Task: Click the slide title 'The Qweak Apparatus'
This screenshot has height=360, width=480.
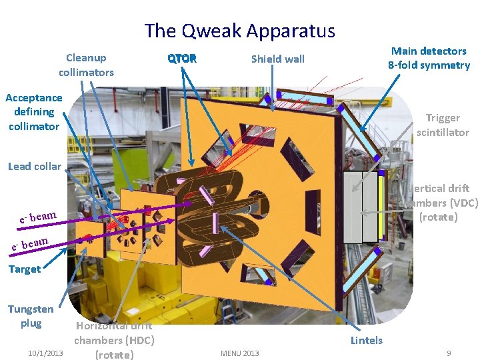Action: point(240,31)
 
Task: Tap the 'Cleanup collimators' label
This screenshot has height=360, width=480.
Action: point(86,65)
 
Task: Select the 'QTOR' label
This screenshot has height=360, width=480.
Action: point(182,59)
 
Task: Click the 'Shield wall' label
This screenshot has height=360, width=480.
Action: point(277,59)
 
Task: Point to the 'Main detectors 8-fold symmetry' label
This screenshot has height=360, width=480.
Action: point(429,58)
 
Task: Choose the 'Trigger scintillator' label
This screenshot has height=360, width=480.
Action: point(443,125)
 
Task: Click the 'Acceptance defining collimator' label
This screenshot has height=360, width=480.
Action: point(33,111)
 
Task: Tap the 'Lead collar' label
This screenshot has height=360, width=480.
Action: point(34,166)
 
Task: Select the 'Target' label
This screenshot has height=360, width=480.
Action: point(25,269)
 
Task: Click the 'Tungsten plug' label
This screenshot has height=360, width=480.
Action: point(31,316)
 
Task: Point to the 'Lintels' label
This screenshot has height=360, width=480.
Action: point(367,340)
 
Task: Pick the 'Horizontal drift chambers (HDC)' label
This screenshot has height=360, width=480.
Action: point(114,340)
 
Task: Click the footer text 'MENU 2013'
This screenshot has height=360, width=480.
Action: point(239,353)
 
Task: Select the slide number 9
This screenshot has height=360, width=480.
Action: point(449,353)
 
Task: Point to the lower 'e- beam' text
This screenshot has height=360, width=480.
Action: point(31,245)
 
